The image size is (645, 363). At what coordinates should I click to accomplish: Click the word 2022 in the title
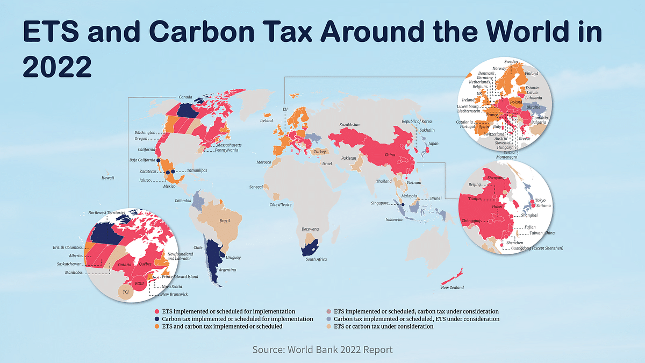[x=56, y=68]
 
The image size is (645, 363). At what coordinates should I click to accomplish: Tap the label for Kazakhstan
[x=349, y=125]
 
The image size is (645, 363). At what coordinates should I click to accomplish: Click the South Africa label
[x=316, y=259]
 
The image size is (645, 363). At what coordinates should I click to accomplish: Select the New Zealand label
[x=452, y=288]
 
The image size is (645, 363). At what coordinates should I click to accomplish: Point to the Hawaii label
[x=109, y=177]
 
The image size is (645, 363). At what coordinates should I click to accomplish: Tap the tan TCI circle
[x=126, y=292]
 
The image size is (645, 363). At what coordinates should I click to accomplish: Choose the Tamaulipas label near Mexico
[x=197, y=170]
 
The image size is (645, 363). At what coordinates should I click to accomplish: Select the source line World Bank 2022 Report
[x=322, y=350]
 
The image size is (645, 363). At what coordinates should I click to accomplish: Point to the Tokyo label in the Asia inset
[x=540, y=201]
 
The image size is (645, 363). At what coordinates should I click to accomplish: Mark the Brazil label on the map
[x=225, y=221]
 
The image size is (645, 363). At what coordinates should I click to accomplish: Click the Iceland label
[x=267, y=121]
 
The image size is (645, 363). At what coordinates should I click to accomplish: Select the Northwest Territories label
[x=106, y=213]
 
